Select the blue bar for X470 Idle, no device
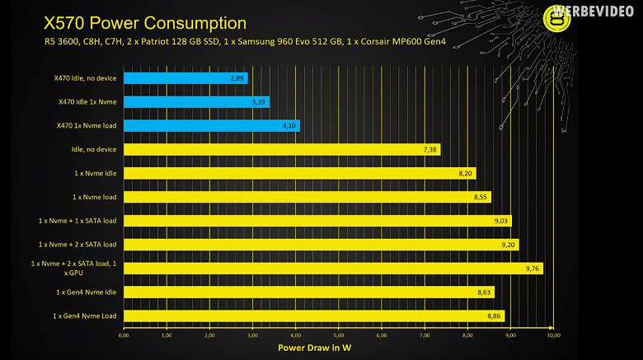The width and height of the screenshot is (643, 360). (185, 78)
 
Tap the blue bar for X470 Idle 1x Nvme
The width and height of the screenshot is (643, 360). (196, 102)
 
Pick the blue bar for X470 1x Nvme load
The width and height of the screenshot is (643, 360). (212, 126)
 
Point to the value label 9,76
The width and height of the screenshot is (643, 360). (532, 269)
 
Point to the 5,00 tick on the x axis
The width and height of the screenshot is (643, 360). (339, 335)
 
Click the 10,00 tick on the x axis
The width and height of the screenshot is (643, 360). (553, 335)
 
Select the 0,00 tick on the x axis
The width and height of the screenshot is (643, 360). (124, 335)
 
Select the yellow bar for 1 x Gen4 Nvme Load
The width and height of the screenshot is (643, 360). (313, 316)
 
